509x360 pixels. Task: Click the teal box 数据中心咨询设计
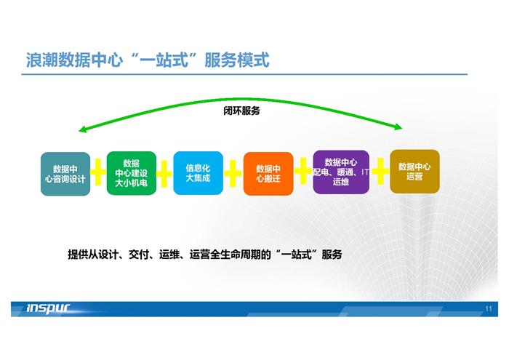pyautogui.click(x=65, y=174)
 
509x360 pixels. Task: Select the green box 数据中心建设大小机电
pyautogui.click(x=132, y=173)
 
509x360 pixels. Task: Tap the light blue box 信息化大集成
pyautogui.click(x=198, y=173)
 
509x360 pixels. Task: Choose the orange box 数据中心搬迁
pyautogui.click(x=268, y=174)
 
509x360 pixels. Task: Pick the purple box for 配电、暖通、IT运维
pyautogui.click(x=341, y=172)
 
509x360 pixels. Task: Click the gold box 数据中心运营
pyautogui.click(x=414, y=172)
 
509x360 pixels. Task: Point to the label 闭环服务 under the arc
pyautogui.click(x=241, y=111)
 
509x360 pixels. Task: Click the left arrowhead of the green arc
pyautogui.click(x=81, y=129)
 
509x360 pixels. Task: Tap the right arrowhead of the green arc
pyautogui.click(x=399, y=127)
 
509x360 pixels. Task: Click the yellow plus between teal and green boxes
pyautogui.click(x=98, y=172)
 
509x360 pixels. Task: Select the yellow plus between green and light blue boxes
pyautogui.click(x=164, y=174)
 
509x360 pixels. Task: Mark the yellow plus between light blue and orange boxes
pyautogui.click(x=233, y=173)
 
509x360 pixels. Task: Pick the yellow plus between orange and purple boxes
pyautogui.click(x=303, y=171)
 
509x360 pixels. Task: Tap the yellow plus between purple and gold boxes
pyautogui.click(x=380, y=171)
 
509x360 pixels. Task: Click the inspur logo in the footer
pyautogui.click(x=48, y=308)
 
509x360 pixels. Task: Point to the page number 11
pyautogui.click(x=489, y=308)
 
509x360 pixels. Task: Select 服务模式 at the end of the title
pyautogui.click(x=237, y=60)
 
